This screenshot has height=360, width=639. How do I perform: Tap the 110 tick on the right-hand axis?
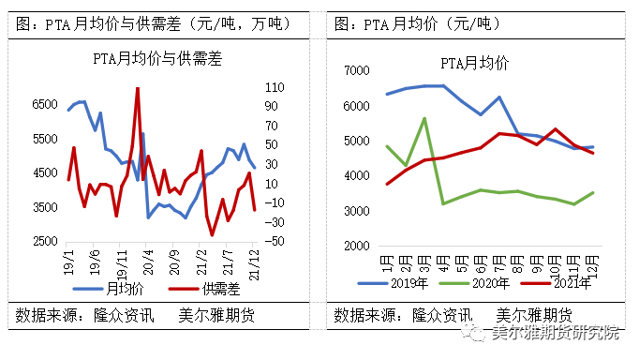pyautogui.click(x=274, y=87)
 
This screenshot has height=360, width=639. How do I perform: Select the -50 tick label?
pyautogui.click(x=274, y=242)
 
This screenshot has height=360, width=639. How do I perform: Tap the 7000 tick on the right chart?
pyautogui.click(x=358, y=70)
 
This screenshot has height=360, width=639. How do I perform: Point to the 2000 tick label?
pyautogui.click(x=358, y=246)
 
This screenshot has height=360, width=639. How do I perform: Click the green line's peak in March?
pyautogui.click(x=424, y=119)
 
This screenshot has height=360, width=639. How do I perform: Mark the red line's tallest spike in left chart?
pyautogui.click(x=138, y=89)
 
